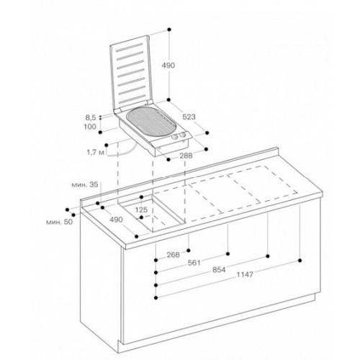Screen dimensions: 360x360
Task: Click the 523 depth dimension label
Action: pos(189,117)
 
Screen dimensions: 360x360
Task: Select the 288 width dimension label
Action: pos(186,156)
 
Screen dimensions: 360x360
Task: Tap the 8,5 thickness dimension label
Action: pos(91,117)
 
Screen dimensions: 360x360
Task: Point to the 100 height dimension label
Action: pos(90,127)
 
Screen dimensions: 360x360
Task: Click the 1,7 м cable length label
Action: pos(95,152)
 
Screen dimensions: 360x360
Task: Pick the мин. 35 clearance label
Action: pos(85,184)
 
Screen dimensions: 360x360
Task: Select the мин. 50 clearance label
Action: pos(59,222)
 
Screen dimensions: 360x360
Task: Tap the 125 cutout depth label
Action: pos(141,210)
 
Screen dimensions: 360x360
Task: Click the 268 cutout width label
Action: pos(174,255)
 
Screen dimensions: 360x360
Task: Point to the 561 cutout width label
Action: pos(194,263)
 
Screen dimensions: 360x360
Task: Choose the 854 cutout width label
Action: pos(219,270)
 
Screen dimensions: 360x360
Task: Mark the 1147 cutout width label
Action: pos(245,274)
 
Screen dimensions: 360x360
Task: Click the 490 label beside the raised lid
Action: pos(168,66)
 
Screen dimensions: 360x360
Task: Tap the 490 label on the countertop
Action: pos(116,220)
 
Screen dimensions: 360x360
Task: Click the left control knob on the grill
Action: pos(174,138)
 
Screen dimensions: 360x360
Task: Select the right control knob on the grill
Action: pos(183,135)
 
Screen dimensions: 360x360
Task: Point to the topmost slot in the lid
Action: pos(130,48)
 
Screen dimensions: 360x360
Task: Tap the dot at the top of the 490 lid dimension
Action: pos(169,30)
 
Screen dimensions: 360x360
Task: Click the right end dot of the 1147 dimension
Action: pos(300,260)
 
